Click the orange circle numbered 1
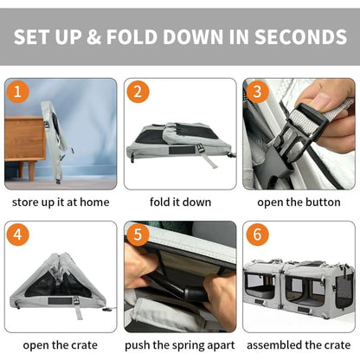(17, 92)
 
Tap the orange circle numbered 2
(138, 92)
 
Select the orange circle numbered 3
(257, 92)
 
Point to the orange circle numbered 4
(17, 235)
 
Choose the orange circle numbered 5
(138, 235)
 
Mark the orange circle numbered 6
(257, 235)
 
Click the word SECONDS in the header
(300, 37)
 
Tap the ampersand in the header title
(93, 37)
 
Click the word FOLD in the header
(132, 37)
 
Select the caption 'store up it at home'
(61, 202)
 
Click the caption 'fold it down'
(180, 202)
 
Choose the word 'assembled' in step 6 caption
(273, 345)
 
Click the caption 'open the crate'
(61, 345)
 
